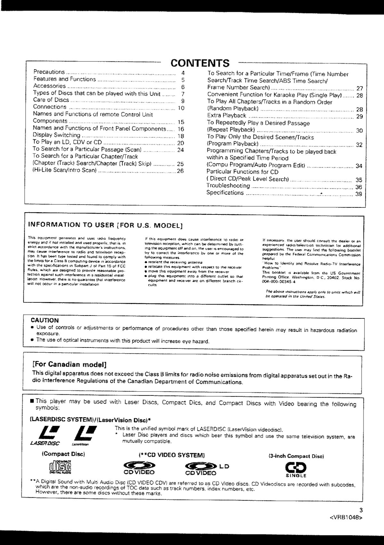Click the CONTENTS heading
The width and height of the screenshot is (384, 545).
(200, 63)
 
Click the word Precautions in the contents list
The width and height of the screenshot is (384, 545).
(49, 72)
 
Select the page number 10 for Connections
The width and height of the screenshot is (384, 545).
(181, 108)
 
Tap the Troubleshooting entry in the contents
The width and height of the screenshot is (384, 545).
(228, 186)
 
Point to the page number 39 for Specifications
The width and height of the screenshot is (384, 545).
(359, 194)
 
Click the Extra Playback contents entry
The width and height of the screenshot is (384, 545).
(227, 116)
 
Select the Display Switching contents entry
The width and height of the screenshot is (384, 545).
(56, 135)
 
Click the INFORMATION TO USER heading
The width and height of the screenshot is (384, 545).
(106, 225)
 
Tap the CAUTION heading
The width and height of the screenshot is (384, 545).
(45, 320)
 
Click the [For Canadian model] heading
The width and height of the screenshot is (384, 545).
(69, 364)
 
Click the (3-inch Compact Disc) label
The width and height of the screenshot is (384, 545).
(296, 456)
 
